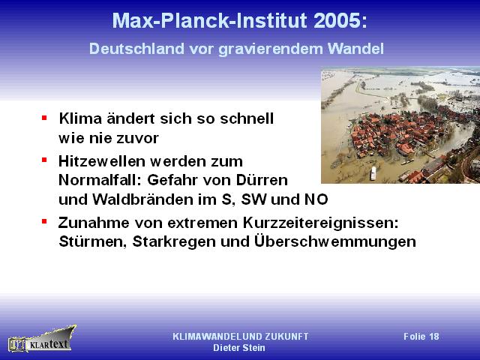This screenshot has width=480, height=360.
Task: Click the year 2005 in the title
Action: (x=340, y=21)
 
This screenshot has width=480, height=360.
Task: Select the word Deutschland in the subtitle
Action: (x=136, y=49)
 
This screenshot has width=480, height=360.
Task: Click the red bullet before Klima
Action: (x=44, y=117)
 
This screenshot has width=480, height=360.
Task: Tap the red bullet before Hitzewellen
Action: (x=44, y=160)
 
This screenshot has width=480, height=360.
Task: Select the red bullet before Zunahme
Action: (x=44, y=221)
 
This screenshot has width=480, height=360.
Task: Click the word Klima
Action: (x=80, y=118)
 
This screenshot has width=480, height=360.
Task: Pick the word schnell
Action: (x=247, y=118)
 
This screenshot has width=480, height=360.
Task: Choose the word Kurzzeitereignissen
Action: (x=321, y=223)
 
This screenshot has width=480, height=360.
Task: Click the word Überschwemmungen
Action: (x=335, y=241)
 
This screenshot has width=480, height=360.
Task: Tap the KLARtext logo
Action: (x=42, y=339)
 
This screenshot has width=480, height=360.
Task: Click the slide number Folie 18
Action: (x=421, y=337)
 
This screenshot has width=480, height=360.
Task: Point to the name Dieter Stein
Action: (x=239, y=348)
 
